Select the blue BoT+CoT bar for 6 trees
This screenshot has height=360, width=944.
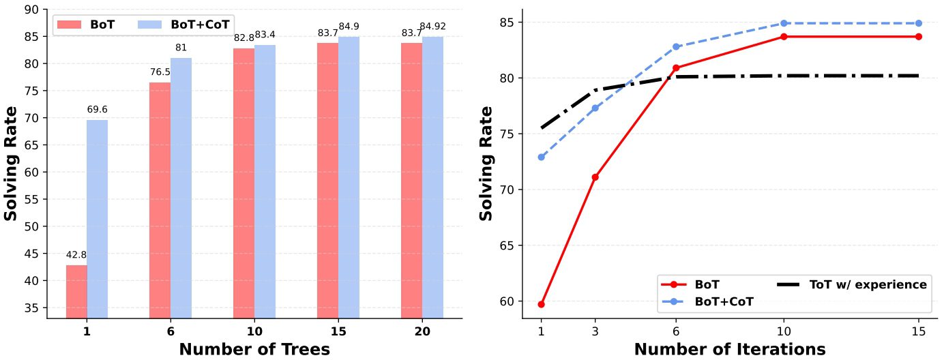(x=181, y=187)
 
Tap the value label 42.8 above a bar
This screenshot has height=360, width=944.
(x=76, y=255)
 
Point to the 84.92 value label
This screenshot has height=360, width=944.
(x=432, y=27)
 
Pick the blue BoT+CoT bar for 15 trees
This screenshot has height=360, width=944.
(x=349, y=177)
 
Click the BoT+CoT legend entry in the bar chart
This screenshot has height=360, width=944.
(x=184, y=24)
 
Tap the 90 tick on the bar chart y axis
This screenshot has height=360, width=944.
(x=31, y=10)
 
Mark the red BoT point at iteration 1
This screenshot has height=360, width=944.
(x=541, y=304)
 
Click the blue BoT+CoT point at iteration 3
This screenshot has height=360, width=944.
(x=595, y=108)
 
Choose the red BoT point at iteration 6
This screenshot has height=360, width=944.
(x=676, y=68)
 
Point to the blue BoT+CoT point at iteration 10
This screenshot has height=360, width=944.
(x=784, y=23)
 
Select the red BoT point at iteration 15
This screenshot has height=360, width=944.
(x=919, y=36)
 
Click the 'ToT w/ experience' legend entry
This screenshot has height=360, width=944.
(x=853, y=284)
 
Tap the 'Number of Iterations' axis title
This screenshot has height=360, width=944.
(x=730, y=349)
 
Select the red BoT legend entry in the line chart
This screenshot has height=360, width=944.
(x=689, y=284)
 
